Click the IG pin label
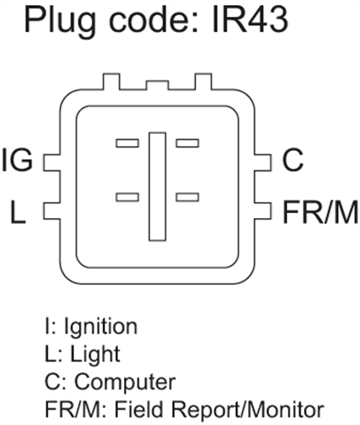tap(18, 160)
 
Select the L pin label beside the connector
tap(18, 212)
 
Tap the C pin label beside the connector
tap(292, 160)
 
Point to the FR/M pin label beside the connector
tap(321, 212)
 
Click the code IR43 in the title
tap(250, 20)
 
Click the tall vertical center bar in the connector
tap(157, 187)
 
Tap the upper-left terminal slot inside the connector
tap(127, 143)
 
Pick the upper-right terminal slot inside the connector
tap(188, 143)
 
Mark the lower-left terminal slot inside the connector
tap(127, 197)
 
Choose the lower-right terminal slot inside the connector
tap(188, 197)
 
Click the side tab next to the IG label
tap(52, 163)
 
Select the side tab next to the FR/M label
tap(263, 210)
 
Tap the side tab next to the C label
tap(263, 163)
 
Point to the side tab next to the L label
tap(52, 210)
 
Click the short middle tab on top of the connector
tap(157, 86)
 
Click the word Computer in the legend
tap(125, 383)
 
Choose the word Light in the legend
tap(95, 355)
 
